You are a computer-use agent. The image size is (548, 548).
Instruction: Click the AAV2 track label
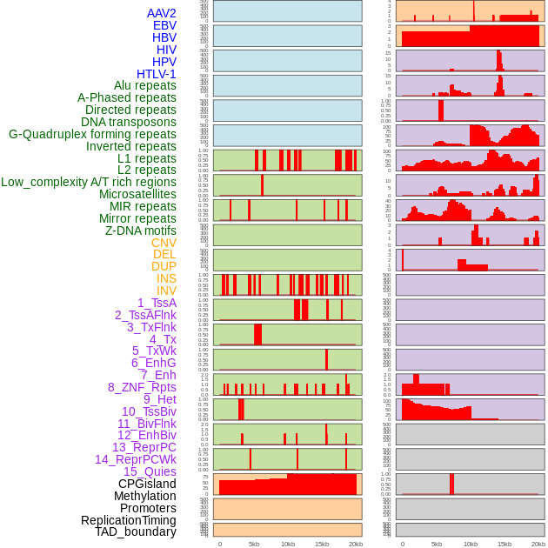click(x=161, y=13)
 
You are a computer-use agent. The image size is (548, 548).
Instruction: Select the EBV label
click(x=164, y=25)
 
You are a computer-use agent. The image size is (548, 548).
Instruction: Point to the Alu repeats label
click(x=144, y=85)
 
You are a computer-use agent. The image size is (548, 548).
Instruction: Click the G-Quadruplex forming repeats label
click(x=92, y=134)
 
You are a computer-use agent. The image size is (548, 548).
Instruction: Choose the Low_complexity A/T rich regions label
click(x=89, y=182)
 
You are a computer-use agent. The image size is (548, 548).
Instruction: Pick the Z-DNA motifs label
click(x=140, y=231)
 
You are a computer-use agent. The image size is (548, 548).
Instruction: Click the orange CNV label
click(x=164, y=243)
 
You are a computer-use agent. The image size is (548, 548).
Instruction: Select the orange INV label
click(x=166, y=291)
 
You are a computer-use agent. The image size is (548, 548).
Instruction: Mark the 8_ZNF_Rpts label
click(x=142, y=387)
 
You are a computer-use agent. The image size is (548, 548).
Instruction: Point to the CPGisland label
click(x=147, y=484)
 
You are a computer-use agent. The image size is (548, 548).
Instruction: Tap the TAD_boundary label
click(x=136, y=531)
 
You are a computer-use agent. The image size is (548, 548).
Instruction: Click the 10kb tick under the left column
click(x=287, y=544)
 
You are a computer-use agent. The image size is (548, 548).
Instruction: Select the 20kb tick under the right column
click(x=538, y=544)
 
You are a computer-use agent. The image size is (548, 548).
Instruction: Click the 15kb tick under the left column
click(x=322, y=544)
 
